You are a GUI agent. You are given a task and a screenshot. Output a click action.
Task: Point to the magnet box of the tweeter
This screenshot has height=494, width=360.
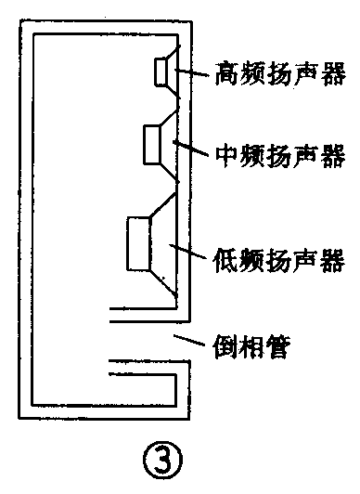tap(160, 71)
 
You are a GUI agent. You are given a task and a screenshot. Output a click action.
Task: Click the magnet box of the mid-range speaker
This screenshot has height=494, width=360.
tap(152, 144)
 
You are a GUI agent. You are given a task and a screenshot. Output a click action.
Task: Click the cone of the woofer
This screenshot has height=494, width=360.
tap(164, 243)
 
